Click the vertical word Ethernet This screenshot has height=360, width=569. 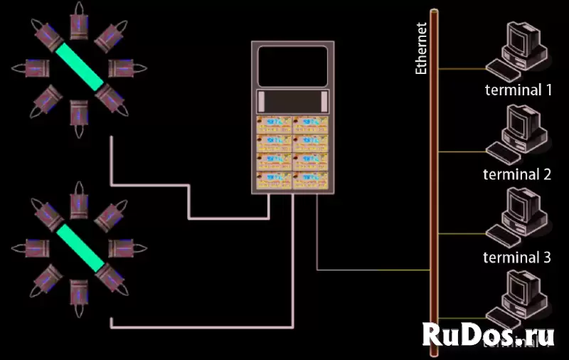(421, 49)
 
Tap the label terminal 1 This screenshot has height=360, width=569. (519, 90)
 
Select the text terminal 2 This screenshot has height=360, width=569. (517, 174)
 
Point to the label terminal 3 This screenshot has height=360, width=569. (517, 258)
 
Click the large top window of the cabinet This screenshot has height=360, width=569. (292, 66)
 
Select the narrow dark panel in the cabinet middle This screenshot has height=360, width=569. (292, 100)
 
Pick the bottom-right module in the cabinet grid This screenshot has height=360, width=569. (311, 180)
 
